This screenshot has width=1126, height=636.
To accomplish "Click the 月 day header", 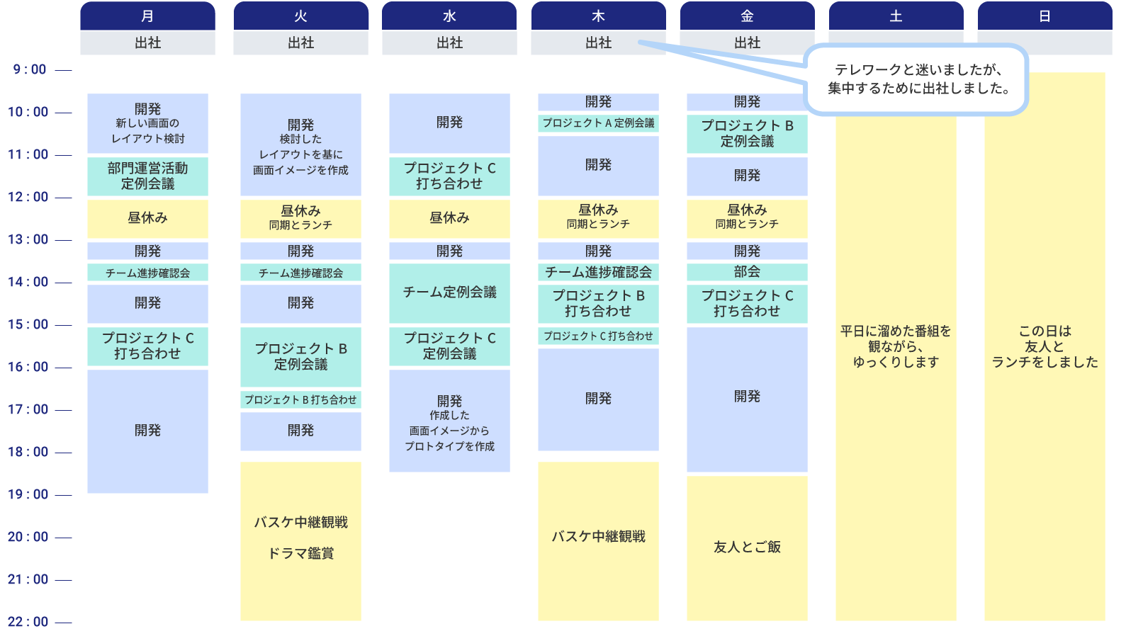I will pos(147,16).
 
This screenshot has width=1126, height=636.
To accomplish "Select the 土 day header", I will pos(896,16).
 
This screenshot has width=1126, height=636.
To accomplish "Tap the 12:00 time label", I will pos(29,197).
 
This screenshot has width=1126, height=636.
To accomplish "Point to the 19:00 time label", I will pos(29,494).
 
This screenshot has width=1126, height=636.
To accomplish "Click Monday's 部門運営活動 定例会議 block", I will pos(147,176).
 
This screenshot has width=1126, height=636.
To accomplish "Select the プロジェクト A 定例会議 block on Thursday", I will pos(598,123).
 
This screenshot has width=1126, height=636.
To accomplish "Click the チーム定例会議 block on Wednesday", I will pos(449,293).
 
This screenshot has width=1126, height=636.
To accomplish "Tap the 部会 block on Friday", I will pos(747,272).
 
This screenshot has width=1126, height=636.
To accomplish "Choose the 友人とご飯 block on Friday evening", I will pos(747,547).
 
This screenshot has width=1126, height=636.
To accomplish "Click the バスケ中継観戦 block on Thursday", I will pos(598,537).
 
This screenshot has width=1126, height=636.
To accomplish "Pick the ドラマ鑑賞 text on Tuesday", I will pos(300,554).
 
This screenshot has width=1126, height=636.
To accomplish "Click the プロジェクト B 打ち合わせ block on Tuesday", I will pos(300,400).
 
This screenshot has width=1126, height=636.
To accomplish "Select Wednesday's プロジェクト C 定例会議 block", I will pos(449,346).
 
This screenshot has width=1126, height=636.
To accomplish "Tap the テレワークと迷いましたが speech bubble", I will pos(918,79).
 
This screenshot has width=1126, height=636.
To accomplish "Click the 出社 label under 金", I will pos(747,43).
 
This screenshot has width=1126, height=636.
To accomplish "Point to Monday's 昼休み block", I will pos(147,218).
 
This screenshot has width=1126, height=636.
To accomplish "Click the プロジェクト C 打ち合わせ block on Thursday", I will pos(598,336).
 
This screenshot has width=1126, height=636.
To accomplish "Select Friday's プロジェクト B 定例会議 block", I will pos(747,133).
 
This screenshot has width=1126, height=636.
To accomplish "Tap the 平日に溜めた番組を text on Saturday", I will pos(896,331).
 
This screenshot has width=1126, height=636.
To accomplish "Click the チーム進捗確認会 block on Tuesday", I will pos(300,273).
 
